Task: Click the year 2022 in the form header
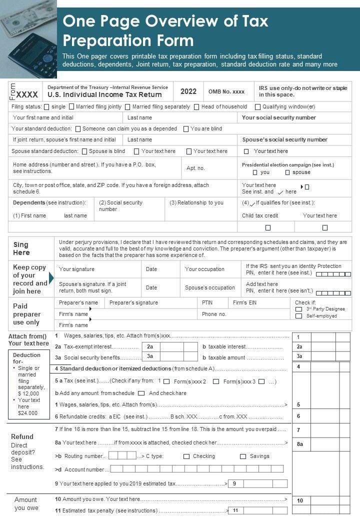188,91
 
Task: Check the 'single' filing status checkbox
46,106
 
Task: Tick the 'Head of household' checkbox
196,106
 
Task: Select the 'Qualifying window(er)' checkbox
257,106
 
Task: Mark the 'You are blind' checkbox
186,129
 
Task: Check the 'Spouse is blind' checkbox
84,151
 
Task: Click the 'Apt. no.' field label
195,168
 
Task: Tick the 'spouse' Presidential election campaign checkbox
287,172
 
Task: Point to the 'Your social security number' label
278,118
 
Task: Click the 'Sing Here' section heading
21,248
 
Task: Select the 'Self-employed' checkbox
298,316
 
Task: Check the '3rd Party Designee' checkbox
298,309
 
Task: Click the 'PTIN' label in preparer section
207,302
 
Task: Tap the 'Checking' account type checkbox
186,456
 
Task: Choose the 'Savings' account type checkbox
243,456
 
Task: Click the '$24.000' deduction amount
27,413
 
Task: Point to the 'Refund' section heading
22,436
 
